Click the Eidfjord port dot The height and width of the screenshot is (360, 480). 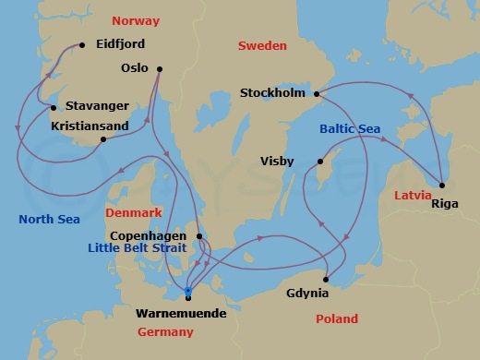[x=82, y=44]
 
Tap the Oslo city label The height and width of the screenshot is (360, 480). [x=135, y=68]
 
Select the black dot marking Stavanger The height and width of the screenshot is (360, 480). [x=54, y=107]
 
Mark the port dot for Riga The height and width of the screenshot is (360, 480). [x=442, y=185]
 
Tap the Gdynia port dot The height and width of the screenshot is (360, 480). [x=326, y=280]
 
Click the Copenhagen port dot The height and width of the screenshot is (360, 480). [x=199, y=236]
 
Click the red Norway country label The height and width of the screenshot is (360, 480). [x=136, y=20]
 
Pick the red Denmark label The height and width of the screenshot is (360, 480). [x=134, y=212]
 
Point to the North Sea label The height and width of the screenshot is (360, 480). [x=49, y=219]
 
